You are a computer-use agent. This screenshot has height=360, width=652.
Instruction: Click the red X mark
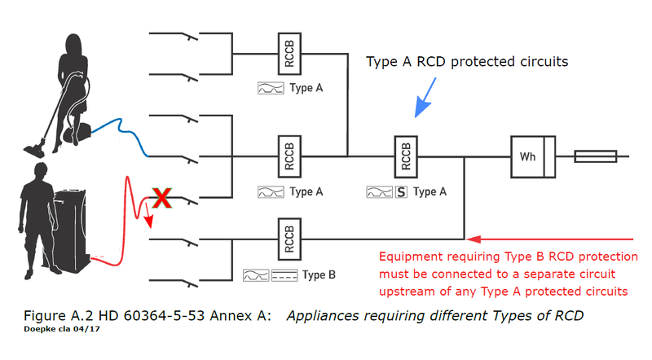coord(161,197)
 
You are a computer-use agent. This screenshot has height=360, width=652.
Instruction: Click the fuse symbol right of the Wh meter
coord(594,156)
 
